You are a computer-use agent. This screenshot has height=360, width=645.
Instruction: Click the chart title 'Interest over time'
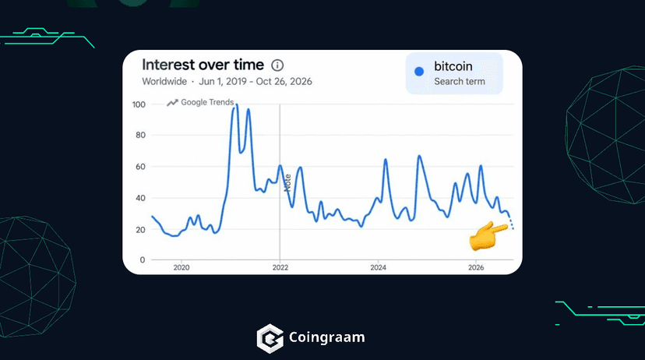(203, 65)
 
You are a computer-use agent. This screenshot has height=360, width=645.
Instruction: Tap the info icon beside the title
(277, 65)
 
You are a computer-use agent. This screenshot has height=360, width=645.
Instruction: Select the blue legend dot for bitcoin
(419, 72)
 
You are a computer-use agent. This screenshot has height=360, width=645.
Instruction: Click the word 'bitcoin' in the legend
(453, 66)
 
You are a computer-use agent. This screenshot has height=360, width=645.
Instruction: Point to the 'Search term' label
(460, 82)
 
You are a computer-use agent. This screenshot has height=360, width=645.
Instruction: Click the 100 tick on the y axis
(139, 104)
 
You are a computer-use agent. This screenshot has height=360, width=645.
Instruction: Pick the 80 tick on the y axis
(140, 135)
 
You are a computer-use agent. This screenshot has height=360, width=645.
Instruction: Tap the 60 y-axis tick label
(140, 167)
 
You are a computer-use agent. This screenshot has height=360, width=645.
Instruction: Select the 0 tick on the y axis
(143, 260)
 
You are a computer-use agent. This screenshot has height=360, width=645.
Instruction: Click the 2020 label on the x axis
(182, 267)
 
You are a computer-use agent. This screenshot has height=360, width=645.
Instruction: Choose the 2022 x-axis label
(280, 267)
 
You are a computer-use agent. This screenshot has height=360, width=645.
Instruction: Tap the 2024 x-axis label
(378, 267)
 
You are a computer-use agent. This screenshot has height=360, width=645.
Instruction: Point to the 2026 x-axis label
(476, 267)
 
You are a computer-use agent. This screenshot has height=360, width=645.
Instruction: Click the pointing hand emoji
(488, 236)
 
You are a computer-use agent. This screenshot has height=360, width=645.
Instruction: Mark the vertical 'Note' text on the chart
(287, 182)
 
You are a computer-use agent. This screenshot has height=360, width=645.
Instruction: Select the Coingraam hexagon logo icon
(270, 339)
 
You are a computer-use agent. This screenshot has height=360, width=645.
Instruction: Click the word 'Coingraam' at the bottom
(326, 337)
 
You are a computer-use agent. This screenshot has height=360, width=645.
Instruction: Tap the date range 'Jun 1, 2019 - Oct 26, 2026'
(256, 82)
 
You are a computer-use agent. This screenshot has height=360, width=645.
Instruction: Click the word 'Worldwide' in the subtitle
(164, 82)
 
